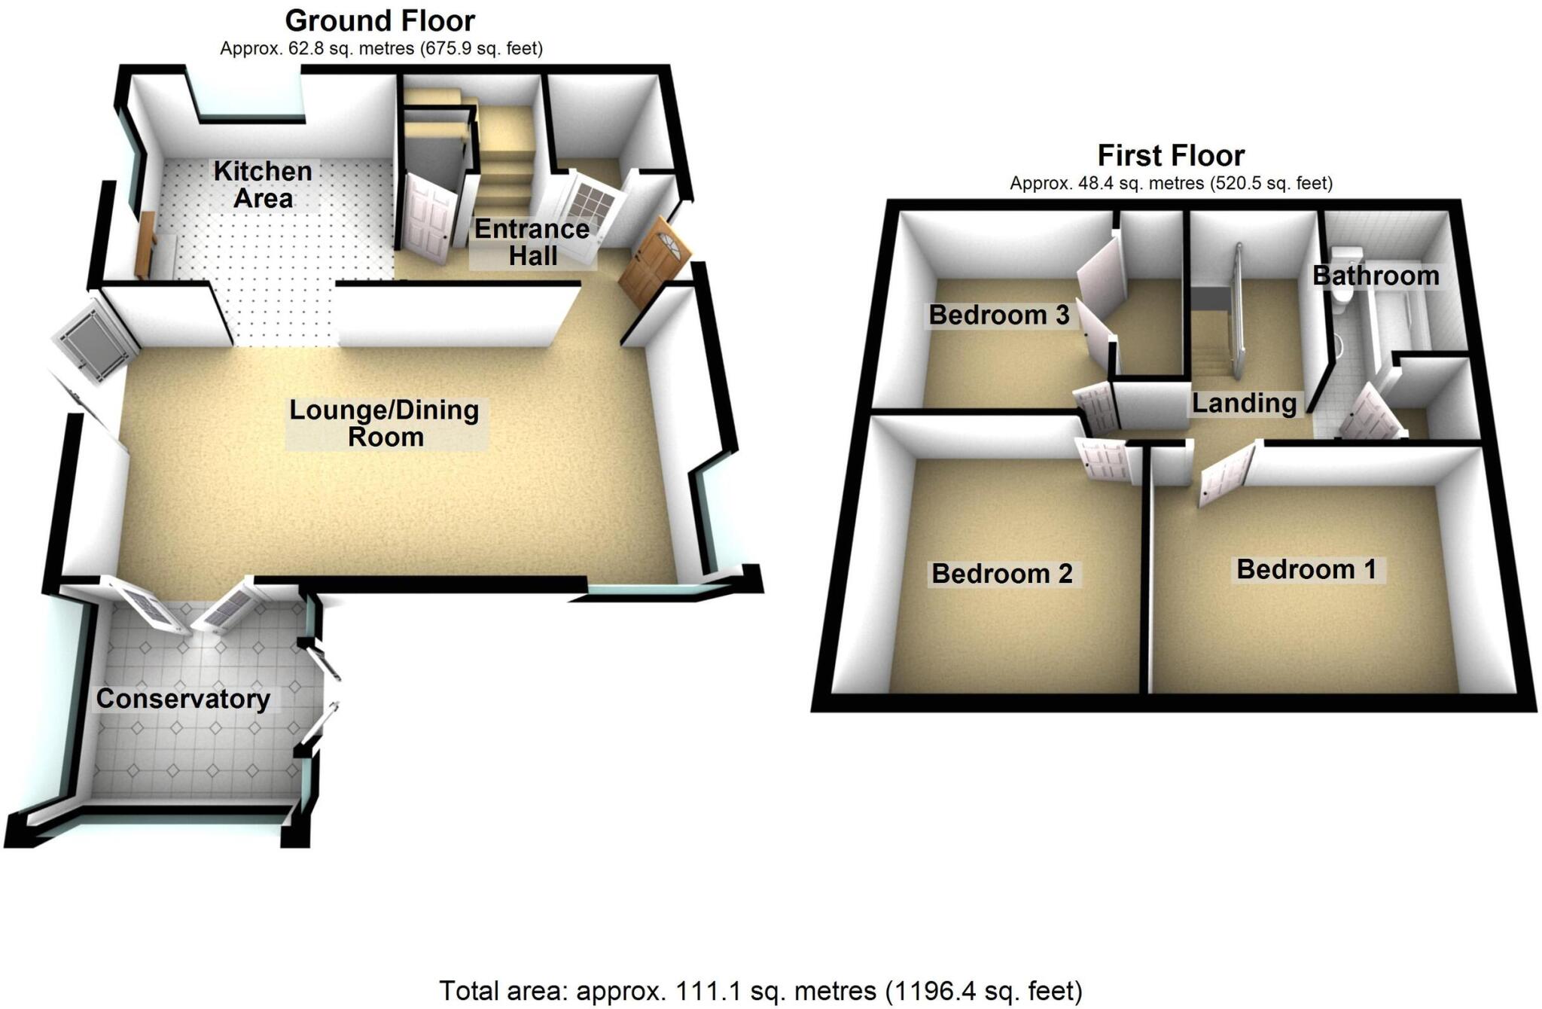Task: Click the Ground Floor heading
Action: (379, 20)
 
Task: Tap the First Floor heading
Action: (1170, 156)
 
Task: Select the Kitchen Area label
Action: (262, 184)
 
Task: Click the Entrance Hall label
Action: (532, 242)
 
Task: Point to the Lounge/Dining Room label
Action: (385, 423)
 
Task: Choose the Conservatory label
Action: (183, 699)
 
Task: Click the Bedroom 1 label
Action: (1306, 569)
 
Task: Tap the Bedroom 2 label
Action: (1001, 574)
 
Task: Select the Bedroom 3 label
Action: (998, 315)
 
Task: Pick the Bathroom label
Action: (1376, 276)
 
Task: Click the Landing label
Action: (1244, 404)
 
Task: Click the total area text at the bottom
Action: (760, 990)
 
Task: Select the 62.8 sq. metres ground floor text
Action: (381, 49)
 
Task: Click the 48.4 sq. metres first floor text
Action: (1171, 183)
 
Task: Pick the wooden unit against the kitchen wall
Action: (146, 243)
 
